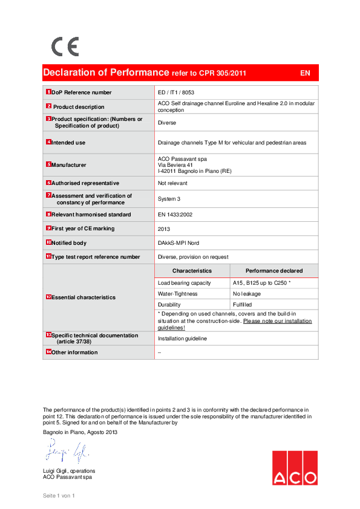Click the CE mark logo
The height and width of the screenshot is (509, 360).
[65, 47]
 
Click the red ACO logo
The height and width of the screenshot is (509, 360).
[294, 468]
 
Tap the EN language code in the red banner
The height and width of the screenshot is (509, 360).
[305, 73]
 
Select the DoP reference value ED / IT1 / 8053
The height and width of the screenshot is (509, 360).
[176, 92]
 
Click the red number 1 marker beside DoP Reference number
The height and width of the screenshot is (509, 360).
[48, 92]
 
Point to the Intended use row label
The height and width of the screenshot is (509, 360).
[68, 143]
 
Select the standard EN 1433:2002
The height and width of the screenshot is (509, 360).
[178, 215]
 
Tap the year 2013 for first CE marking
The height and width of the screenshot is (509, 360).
[165, 229]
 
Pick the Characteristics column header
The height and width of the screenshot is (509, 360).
[192, 271]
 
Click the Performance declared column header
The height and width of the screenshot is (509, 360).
[274, 271]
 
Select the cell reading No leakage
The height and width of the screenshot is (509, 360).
[246, 294]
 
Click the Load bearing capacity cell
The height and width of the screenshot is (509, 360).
[185, 282]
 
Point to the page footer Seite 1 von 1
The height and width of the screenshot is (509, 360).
[58, 496]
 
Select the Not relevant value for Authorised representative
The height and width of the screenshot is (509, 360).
[172, 183]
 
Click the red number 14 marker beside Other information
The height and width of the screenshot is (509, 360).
[48, 351]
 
